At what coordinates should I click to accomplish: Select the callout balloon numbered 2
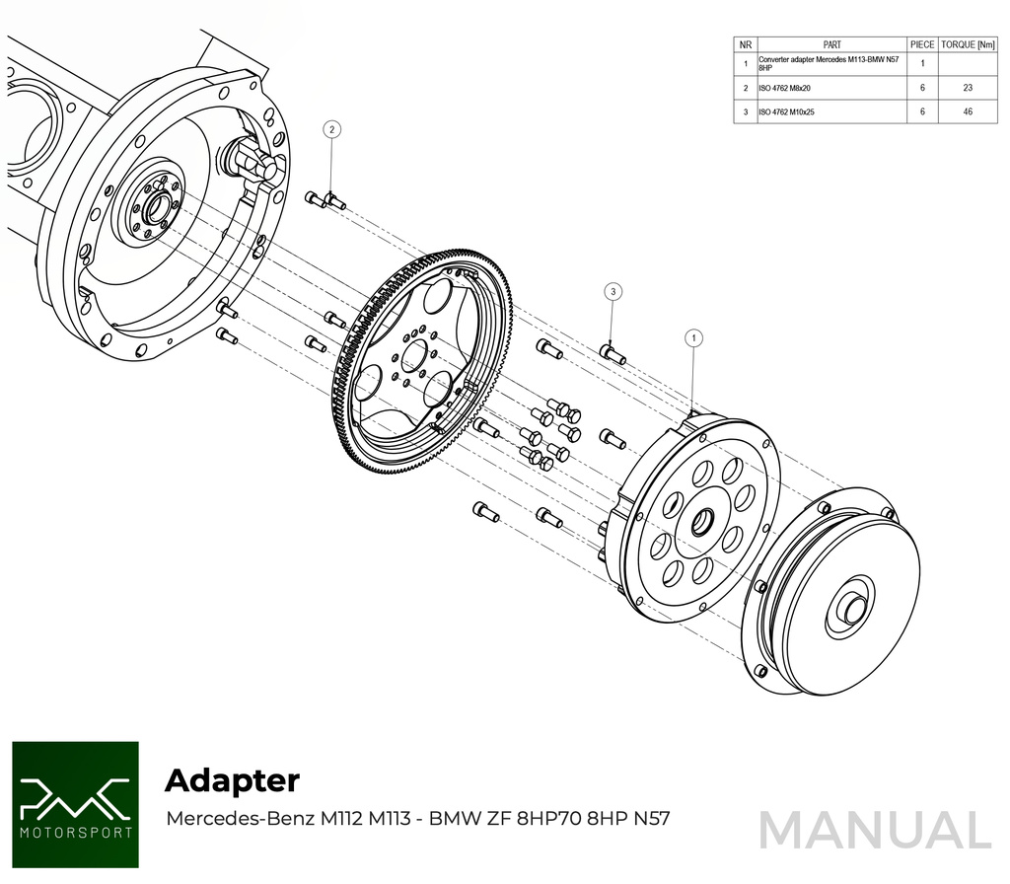coord(332,129)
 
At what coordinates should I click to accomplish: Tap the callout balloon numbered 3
coord(613,291)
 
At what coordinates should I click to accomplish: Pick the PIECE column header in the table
coord(922,45)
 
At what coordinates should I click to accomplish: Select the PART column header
coord(831,45)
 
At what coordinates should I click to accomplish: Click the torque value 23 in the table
coord(968,88)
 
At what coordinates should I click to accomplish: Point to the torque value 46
coord(968,112)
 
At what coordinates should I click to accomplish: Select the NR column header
coord(746,45)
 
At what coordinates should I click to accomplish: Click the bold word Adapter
coord(232,780)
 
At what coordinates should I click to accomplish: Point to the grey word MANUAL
coord(875,830)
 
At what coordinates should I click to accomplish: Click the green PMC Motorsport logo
coord(76,805)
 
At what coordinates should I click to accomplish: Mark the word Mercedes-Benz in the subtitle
coord(240,819)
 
